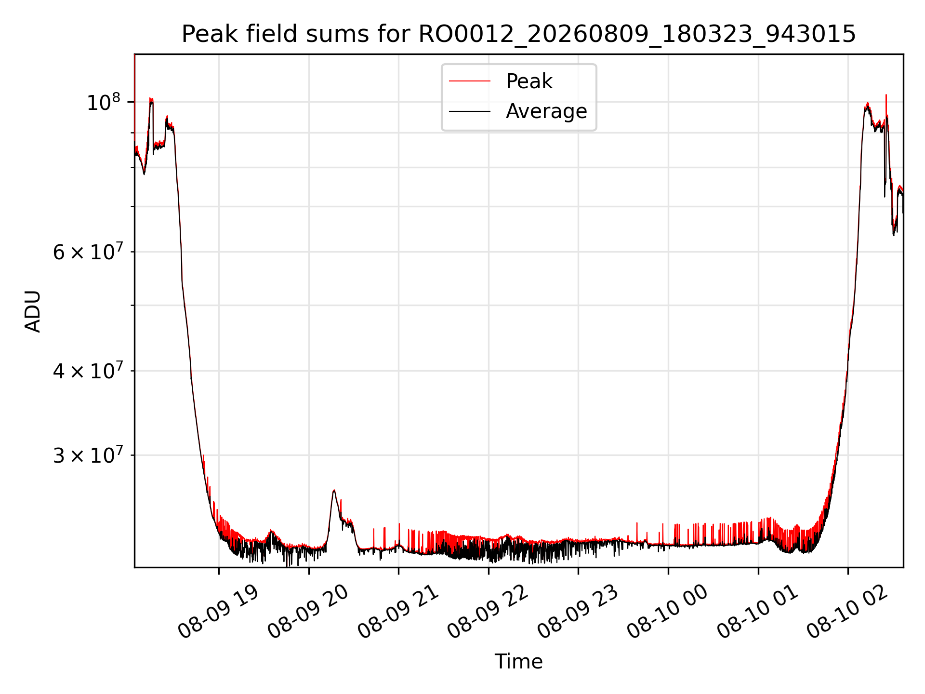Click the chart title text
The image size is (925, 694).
(x=518, y=34)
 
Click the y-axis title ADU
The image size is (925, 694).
(x=33, y=311)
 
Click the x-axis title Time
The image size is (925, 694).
(x=518, y=662)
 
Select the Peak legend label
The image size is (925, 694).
(x=529, y=81)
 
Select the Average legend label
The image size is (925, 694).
(x=546, y=111)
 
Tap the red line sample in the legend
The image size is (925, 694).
(x=470, y=81)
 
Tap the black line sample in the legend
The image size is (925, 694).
(x=470, y=111)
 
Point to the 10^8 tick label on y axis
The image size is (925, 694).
(x=103, y=102)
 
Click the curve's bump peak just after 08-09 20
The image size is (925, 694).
(x=334, y=491)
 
